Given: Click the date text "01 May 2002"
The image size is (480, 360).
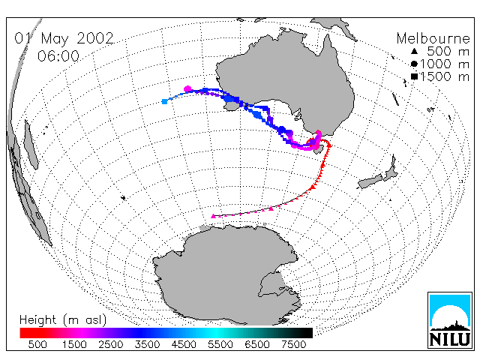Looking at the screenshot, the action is [64, 38].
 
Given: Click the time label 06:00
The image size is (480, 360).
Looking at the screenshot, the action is [58, 56].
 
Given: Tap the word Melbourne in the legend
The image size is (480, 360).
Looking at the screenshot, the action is [433, 38].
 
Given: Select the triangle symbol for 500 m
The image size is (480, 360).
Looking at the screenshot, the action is [414, 52].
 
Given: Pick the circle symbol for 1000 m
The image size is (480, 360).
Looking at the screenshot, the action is [414, 64].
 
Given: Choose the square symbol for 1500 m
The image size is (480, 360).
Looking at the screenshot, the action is [414, 76].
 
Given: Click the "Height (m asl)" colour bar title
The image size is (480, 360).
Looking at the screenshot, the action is [63, 320].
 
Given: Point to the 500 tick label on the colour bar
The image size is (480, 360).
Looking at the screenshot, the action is [37, 344].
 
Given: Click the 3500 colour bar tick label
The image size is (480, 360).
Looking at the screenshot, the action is [147, 344].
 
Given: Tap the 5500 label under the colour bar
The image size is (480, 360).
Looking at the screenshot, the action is [220, 344].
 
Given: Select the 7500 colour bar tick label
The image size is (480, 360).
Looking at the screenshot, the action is [293, 344].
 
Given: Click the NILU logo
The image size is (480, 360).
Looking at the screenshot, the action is [450, 320].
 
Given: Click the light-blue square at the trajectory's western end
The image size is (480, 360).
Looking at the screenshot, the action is [165, 101].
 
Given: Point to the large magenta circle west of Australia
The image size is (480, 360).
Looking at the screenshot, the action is [187, 89].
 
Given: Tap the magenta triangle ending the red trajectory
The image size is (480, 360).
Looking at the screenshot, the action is [213, 216].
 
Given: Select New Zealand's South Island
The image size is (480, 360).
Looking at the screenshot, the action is [370, 181].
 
